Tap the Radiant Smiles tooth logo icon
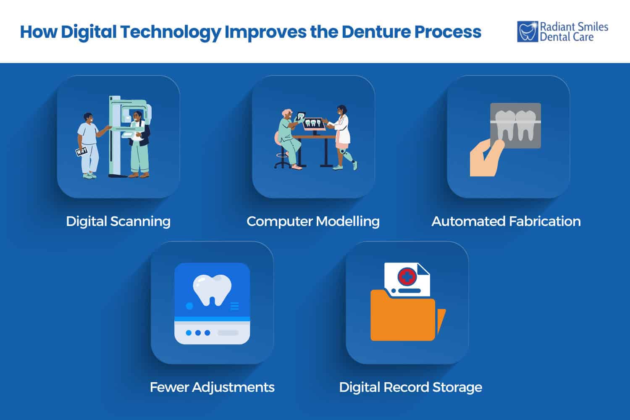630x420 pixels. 527,32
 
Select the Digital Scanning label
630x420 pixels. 118,221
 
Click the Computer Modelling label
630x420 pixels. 313,221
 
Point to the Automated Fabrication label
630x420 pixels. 506,221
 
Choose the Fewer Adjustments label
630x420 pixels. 212,387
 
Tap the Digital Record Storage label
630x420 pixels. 410,387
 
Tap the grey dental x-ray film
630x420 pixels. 516,126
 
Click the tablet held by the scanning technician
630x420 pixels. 81,152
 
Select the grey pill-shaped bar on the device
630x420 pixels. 228,333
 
